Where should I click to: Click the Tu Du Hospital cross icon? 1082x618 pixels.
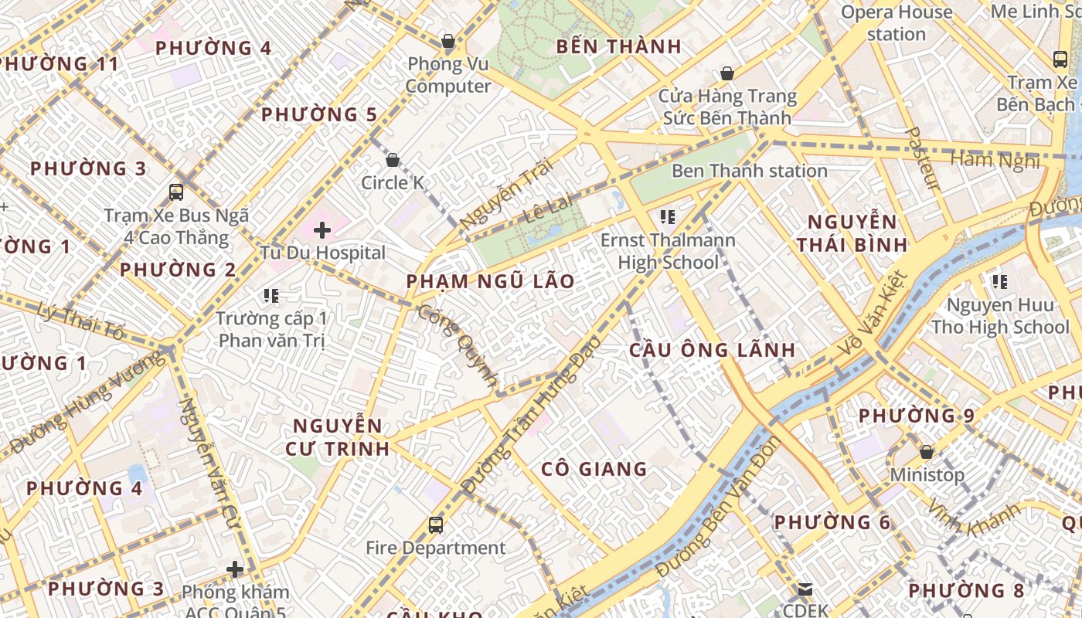tap(322, 230)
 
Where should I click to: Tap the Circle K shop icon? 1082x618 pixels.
tap(393, 160)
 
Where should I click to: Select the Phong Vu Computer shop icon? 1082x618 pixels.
tap(447, 41)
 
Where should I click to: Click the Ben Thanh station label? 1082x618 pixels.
tap(749, 171)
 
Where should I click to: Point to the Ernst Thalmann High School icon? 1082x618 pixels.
tap(668, 217)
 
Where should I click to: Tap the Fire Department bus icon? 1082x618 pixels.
tap(436, 525)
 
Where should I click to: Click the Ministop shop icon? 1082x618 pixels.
tap(926, 452)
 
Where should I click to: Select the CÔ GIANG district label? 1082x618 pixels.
tap(594, 469)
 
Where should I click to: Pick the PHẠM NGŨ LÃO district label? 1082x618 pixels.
tap(491, 281)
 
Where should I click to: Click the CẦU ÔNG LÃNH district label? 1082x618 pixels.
tap(712, 350)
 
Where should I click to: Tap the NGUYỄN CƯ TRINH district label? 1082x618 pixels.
tap(338, 436)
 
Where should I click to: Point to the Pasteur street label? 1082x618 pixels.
tap(923, 159)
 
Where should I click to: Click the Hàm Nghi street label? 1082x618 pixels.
tap(994, 160)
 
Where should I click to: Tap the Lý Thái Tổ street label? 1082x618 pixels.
tap(80, 321)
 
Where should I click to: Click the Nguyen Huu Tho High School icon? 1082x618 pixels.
tap(1000, 282)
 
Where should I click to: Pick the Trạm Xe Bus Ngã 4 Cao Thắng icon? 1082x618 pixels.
tap(176, 192)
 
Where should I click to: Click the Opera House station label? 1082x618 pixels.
tap(897, 23)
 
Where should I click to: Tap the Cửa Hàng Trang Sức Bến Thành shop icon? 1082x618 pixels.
tap(726, 73)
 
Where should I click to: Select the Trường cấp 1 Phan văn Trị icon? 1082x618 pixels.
tap(270, 295)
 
